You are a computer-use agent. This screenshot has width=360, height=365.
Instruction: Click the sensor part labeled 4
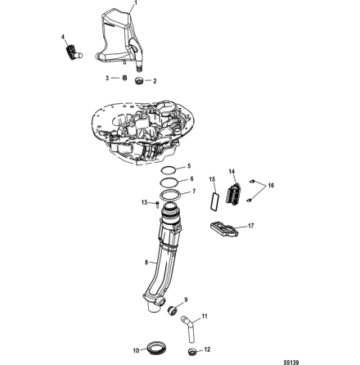tap(70, 51)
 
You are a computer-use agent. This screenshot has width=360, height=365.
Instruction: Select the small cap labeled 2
tap(139, 83)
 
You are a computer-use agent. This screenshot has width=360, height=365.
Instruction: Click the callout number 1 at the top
tap(136, 3)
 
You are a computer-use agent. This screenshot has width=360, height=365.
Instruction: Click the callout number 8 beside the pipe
tap(146, 263)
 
